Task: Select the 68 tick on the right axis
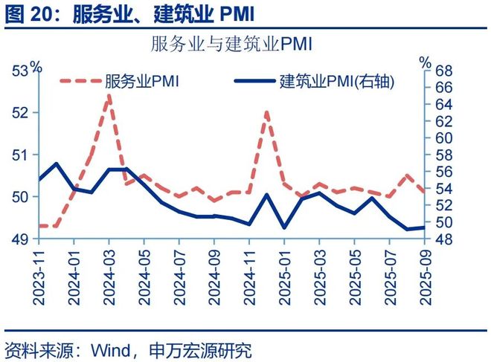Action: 444,71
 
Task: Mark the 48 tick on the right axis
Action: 444,239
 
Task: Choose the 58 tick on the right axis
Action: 444,155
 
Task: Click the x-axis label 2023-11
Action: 38,277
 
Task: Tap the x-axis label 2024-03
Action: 109,277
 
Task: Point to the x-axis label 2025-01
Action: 284,277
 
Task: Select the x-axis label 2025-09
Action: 425,277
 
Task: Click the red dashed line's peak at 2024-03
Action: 109,96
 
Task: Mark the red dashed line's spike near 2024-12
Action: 267,112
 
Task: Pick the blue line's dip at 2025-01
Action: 284,227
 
